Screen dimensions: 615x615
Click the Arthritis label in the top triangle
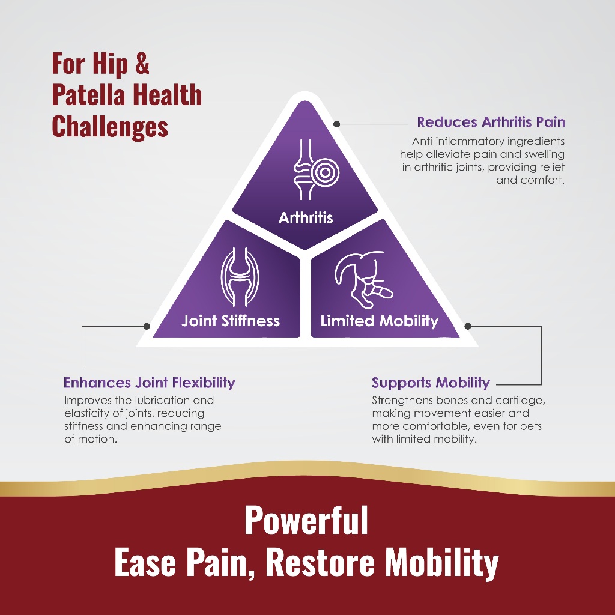[306, 217]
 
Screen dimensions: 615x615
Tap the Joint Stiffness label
[231, 321]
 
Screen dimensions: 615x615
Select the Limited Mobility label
[380, 321]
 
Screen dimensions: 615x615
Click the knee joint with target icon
[316, 169]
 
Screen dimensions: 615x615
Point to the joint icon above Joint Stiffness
[240, 277]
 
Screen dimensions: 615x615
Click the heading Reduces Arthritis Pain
[491, 122]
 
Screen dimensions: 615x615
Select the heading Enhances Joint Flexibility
[150, 383]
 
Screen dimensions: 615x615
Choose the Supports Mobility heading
[431, 383]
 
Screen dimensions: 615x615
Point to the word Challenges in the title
[110, 127]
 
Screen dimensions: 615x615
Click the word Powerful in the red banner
[306, 521]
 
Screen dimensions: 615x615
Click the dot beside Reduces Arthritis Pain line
[336, 124]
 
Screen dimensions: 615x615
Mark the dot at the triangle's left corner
[147, 326]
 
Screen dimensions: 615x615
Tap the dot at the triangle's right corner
[467, 326]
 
